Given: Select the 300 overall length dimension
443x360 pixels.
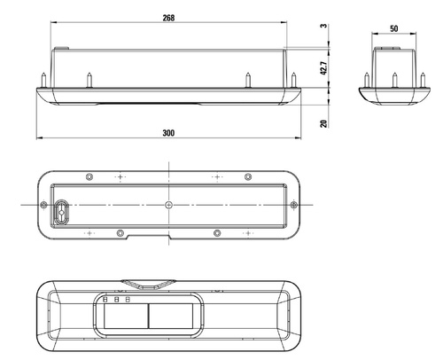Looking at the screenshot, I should click(x=168, y=132).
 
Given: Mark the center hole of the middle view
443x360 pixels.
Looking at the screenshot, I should click(x=168, y=205).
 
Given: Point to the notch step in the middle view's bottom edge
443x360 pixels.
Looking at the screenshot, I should click(x=128, y=237).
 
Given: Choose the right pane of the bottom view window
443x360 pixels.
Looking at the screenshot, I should click(x=169, y=316).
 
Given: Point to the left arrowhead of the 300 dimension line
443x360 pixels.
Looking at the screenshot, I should click(x=38, y=138).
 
